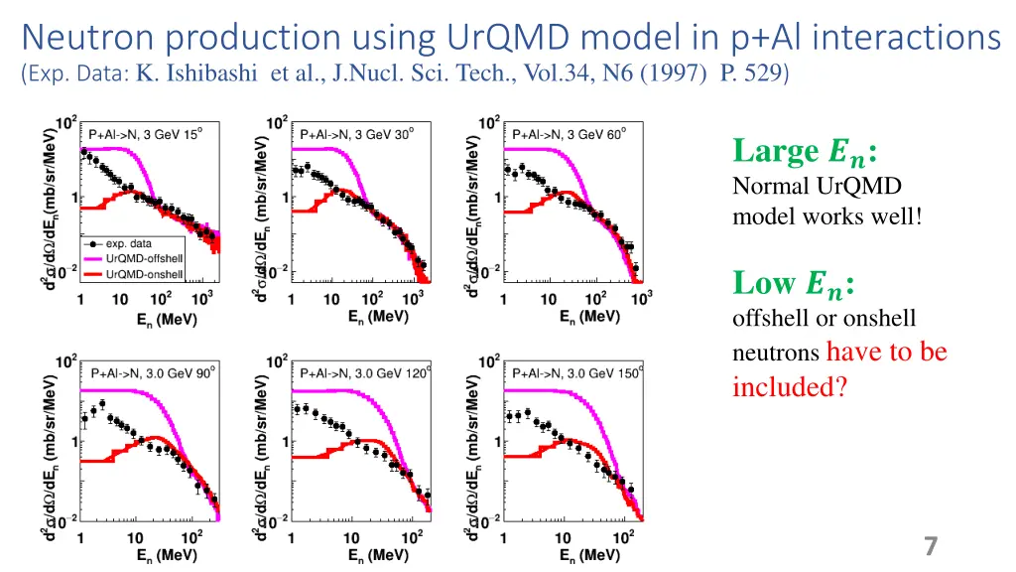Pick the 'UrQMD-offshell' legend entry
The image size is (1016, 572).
point(144,258)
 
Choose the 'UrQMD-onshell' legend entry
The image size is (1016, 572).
point(144,273)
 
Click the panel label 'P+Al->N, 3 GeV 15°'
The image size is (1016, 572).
point(146,135)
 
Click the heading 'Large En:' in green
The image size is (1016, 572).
point(805,152)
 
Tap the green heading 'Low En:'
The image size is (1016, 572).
point(794,284)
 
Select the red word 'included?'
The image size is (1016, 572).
point(790,386)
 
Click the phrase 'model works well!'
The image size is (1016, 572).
point(826,215)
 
